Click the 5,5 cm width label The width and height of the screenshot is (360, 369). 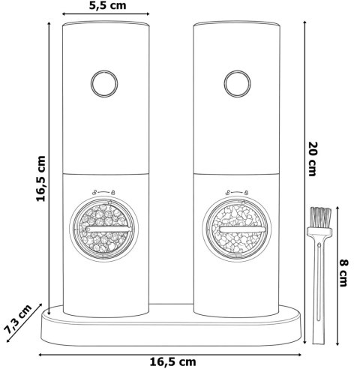tap(108, 5)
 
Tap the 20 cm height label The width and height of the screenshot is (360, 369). tap(313, 159)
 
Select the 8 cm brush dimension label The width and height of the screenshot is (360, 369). tap(343, 273)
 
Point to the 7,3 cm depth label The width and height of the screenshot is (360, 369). tap(19, 319)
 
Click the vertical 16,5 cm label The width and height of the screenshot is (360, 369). tap(40, 178)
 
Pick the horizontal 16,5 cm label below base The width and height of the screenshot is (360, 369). tap(173, 361)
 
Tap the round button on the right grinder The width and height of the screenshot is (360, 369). tap(238, 84)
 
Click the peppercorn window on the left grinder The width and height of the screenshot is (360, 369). tap(104, 229)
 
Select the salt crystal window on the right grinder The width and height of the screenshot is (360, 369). tap(237, 229)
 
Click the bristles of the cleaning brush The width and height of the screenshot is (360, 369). tap(320, 217)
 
